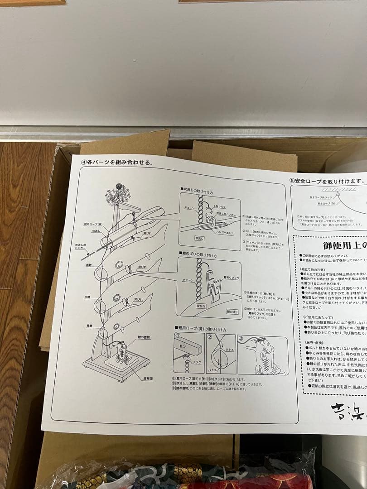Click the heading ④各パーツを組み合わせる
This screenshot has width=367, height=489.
(x=117, y=162)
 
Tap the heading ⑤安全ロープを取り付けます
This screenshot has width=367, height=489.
(x=326, y=180)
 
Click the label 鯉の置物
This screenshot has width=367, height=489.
(x=144, y=337)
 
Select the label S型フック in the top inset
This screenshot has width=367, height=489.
(x=219, y=206)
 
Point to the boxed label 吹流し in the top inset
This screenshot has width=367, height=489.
(x=200, y=238)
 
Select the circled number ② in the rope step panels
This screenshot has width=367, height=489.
(x=210, y=337)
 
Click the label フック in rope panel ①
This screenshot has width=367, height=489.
(x=196, y=362)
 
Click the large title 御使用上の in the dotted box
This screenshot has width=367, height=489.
(x=344, y=246)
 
